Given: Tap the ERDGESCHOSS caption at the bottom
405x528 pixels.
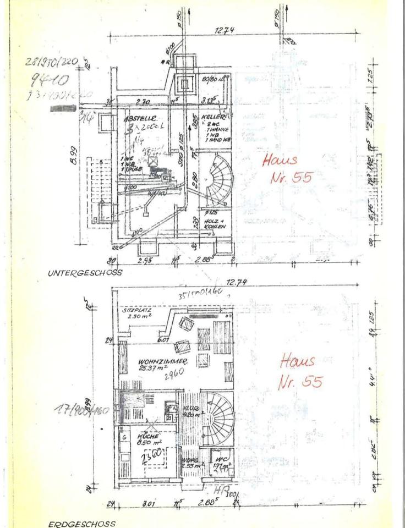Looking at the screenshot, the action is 82,524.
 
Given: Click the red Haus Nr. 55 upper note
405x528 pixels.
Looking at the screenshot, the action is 282,169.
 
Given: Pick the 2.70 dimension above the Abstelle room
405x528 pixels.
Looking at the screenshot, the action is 143,102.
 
